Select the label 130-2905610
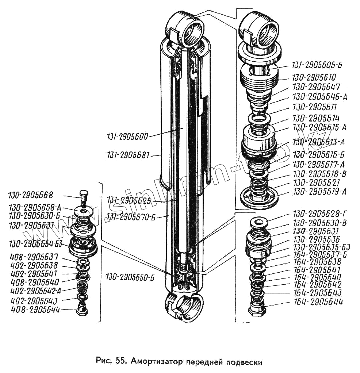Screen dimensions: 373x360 point(314,77)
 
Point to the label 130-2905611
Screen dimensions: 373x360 point(314,107)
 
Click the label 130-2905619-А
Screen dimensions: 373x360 point(320,192)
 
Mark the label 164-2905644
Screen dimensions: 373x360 point(318,301)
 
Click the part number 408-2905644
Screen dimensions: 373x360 point(35,310)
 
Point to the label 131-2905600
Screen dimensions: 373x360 point(127,137)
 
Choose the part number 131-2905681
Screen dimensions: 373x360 point(129,155)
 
